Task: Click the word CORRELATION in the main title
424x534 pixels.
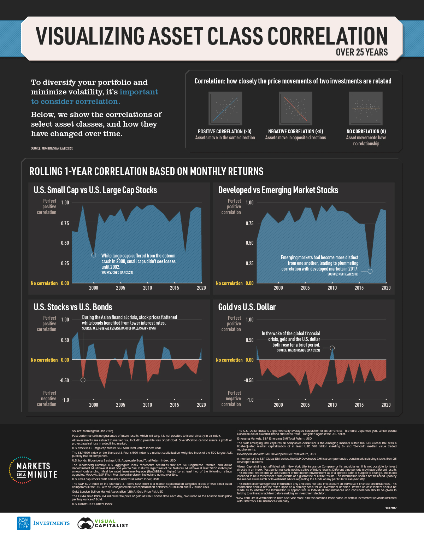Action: point(327,36)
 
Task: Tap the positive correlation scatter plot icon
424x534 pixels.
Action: point(225,108)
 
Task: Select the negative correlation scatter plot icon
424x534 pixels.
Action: point(295,108)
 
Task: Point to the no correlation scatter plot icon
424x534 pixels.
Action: point(366,108)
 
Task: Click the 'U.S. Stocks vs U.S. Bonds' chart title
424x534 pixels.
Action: point(73,307)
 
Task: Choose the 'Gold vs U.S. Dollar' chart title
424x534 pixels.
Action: point(247,307)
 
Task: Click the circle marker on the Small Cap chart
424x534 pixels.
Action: point(94,255)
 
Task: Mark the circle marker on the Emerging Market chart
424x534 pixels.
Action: point(370,271)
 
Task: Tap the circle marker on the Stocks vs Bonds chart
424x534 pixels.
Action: point(83,380)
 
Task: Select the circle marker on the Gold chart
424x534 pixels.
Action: point(332,348)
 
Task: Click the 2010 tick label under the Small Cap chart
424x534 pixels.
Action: point(147,288)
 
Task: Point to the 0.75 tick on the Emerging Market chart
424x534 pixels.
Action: point(249,224)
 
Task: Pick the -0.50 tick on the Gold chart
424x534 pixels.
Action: point(249,381)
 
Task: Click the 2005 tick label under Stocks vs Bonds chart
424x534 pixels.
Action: point(120,405)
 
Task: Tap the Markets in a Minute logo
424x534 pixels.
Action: point(33,470)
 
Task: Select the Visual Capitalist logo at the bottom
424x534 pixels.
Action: point(103,523)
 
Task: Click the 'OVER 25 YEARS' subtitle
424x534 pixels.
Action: point(361,52)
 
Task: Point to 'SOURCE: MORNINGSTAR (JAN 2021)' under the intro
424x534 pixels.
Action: point(52,148)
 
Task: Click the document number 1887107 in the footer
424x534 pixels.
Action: point(391,508)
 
